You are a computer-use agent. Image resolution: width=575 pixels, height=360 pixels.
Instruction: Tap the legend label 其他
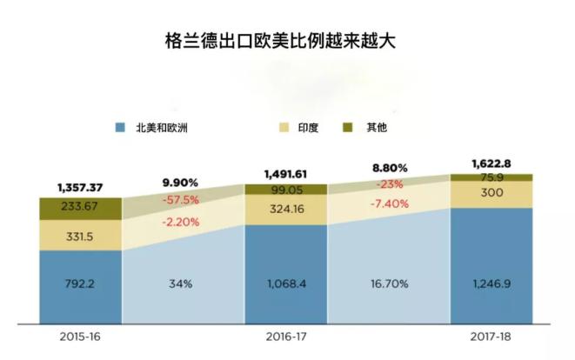point(376,128)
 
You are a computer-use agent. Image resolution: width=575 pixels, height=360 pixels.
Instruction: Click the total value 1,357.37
point(81,187)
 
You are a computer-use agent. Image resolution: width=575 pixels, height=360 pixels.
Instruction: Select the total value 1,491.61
point(286,173)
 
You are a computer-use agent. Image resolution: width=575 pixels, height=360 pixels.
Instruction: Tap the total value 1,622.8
point(491,163)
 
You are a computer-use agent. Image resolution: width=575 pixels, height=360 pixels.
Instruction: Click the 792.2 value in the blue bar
point(81,283)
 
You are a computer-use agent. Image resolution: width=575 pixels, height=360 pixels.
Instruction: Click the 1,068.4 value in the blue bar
point(285,283)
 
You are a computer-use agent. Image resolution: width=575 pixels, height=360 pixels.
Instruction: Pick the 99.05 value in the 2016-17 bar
point(285,190)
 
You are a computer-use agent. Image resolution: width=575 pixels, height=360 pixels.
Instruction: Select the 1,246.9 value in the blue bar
point(491,283)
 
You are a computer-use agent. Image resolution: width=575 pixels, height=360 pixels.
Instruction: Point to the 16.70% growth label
point(389,283)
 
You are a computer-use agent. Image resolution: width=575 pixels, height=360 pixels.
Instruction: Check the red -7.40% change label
point(389,203)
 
